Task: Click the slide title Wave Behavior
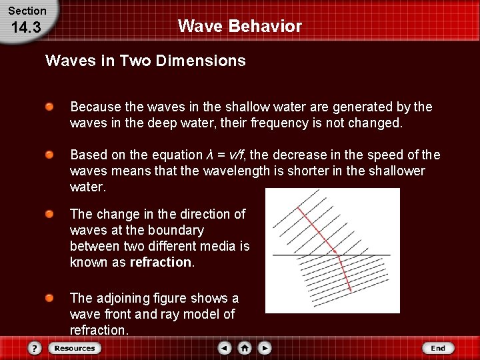click(x=239, y=27)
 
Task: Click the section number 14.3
click(x=27, y=29)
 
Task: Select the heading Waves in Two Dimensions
click(x=145, y=61)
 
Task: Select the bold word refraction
click(x=161, y=262)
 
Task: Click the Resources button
click(x=75, y=348)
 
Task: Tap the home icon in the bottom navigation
click(x=245, y=348)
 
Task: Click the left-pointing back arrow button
click(x=225, y=348)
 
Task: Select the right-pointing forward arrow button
click(x=265, y=348)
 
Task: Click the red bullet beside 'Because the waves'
click(x=50, y=107)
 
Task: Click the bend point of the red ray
click(x=338, y=255)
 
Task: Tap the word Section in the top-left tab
click(x=27, y=11)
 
